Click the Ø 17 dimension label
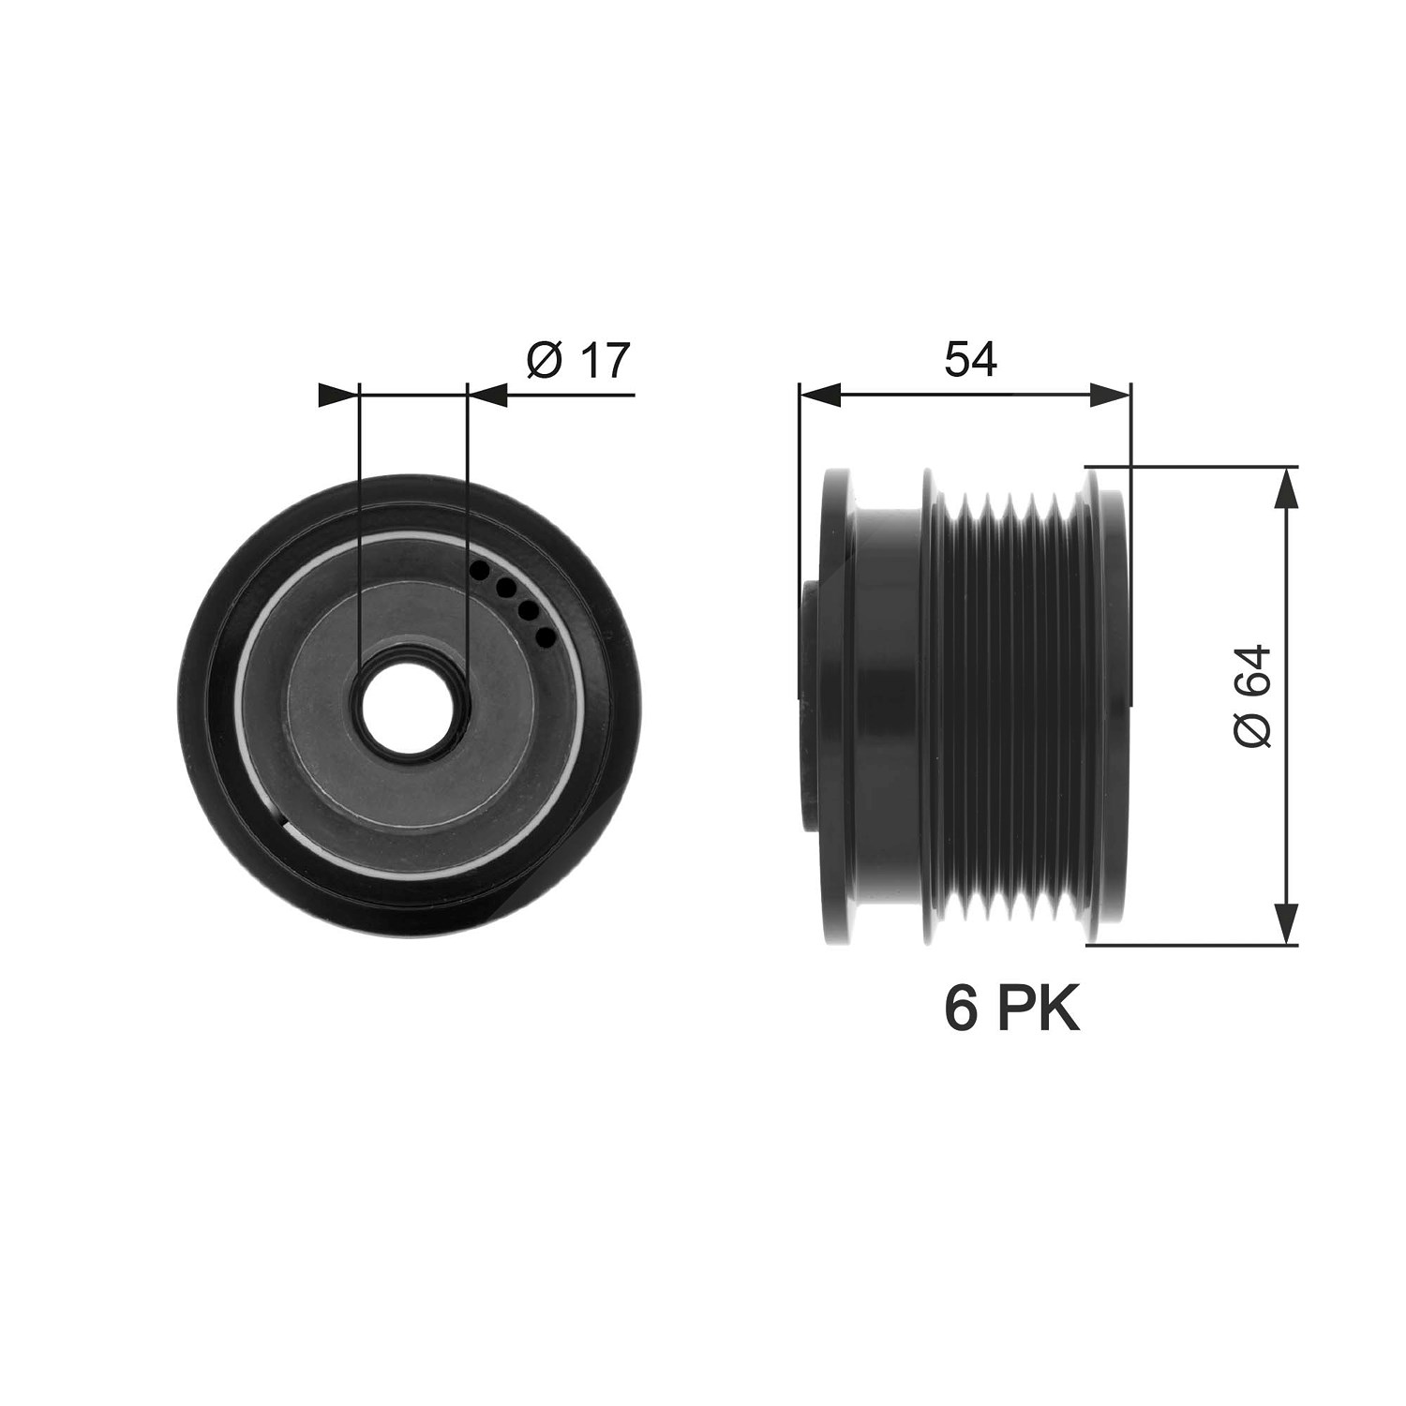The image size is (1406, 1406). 578,360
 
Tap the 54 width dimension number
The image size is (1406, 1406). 970,360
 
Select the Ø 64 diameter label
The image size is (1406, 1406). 1253,696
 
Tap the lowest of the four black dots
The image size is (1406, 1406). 545,636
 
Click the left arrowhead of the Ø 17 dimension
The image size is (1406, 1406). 339,395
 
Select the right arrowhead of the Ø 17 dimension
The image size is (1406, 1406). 486,395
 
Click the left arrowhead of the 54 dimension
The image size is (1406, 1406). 819,395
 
